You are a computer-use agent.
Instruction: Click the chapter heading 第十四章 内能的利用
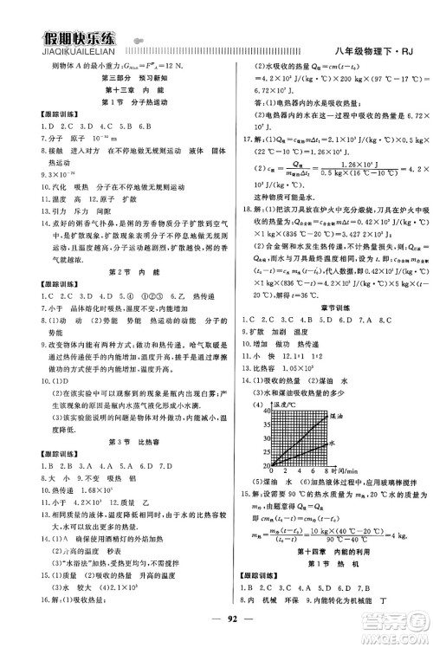[321, 553]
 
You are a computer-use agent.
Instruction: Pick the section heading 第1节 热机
[321, 565]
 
